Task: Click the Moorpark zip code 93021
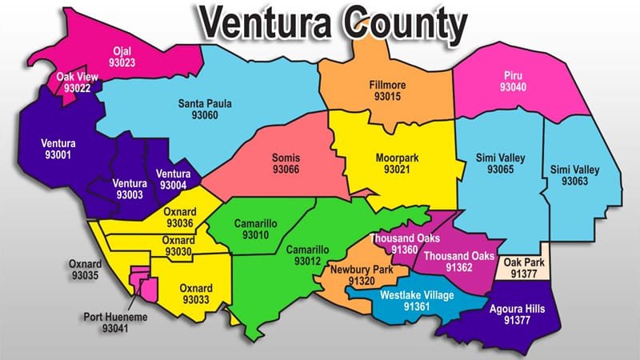click(397, 170)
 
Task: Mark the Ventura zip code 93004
click(174, 185)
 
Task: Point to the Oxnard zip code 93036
click(178, 223)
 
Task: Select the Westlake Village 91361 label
click(416, 301)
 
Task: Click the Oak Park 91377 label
click(522, 266)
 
